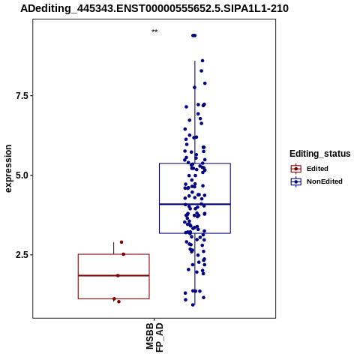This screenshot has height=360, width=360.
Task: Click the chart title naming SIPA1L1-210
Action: pyautogui.click(x=154, y=8)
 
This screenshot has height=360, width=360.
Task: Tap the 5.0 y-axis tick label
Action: pyautogui.click(x=21, y=175)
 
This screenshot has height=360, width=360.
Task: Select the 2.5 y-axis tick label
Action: pyautogui.click(x=21, y=255)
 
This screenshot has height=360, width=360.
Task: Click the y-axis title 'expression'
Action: pyautogui.click(x=8, y=169)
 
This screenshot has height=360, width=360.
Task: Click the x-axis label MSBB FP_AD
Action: pyautogui.click(x=154, y=337)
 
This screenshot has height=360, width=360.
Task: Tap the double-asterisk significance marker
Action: pyautogui.click(x=154, y=31)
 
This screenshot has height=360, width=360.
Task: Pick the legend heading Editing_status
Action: pyautogui.click(x=320, y=154)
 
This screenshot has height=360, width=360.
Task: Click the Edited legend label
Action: pyautogui.click(x=317, y=169)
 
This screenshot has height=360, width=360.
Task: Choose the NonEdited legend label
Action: pyautogui.click(x=325, y=181)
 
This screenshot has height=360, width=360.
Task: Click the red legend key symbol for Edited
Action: pyautogui.click(x=296, y=169)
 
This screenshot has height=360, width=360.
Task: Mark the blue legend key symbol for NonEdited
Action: pyautogui.click(x=296, y=181)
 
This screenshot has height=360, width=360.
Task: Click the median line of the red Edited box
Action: pyautogui.click(x=114, y=275)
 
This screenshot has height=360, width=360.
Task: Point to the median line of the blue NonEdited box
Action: pyautogui.click(x=195, y=204)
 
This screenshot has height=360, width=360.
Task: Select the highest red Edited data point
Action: pyautogui.click(x=121, y=242)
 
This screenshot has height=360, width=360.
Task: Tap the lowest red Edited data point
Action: pyautogui.click(x=118, y=301)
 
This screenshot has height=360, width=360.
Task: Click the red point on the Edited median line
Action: pyautogui.click(x=118, y=275)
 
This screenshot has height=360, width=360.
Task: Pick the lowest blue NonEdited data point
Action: pyautogui.click(x=193, y=304)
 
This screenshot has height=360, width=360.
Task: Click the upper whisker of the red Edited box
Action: pyautogui.click(x=114, y=248)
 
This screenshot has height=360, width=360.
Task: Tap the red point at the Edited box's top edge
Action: pyautogui.click(x=123, y=254)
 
